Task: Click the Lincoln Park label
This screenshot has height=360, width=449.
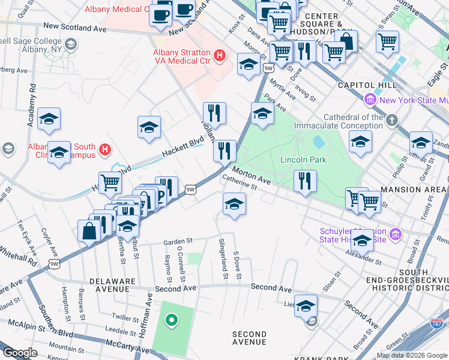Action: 303,160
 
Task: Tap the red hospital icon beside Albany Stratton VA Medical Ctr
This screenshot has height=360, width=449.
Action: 220,56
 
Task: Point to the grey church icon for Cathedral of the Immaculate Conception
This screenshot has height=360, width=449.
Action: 391,121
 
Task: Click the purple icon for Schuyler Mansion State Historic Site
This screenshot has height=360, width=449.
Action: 395,233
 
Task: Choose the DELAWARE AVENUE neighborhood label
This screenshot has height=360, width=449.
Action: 110,284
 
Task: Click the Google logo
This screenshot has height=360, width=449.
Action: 20,353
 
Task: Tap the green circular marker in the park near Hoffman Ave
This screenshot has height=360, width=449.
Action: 172,320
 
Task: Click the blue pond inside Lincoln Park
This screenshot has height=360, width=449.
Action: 319,142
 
